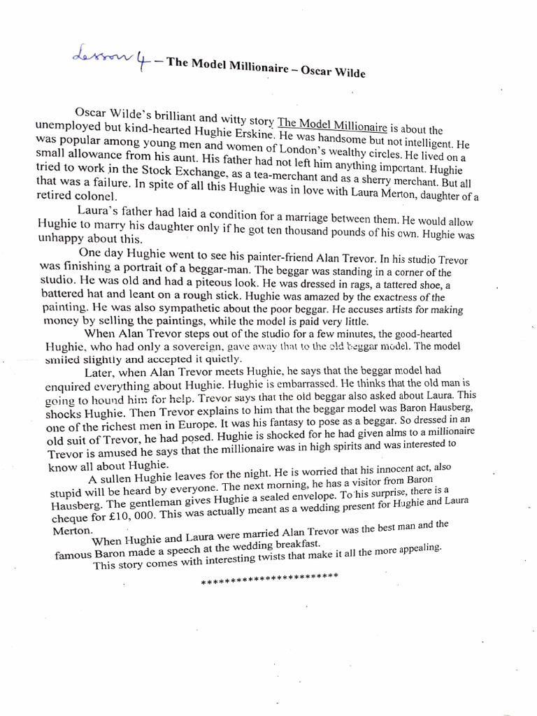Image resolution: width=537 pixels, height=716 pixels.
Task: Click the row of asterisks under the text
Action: (x=269, y=579)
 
